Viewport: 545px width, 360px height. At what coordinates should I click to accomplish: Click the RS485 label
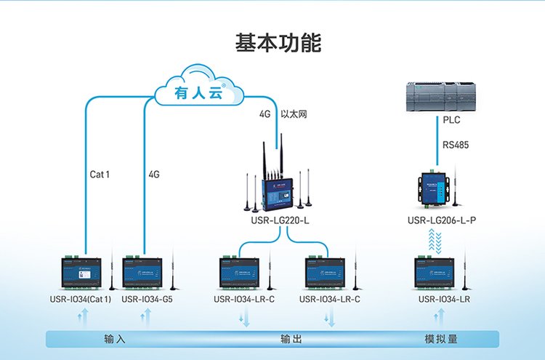[456, 145]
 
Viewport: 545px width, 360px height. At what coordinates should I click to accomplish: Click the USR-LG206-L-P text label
[442, 220]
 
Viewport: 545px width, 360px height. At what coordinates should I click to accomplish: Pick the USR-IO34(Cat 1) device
[80, 273]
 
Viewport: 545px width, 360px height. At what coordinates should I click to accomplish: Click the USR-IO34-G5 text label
[148, 298]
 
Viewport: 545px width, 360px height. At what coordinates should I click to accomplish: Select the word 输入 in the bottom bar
[116, 340]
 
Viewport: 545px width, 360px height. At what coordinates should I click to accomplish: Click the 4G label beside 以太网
[265, 115]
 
